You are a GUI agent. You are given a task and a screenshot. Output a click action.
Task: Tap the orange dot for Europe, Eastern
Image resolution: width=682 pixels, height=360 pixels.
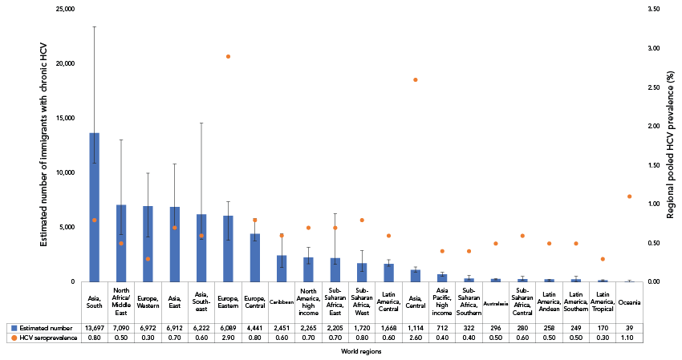tap(228, 56)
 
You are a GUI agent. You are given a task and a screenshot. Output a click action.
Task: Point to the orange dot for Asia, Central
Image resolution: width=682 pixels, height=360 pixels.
tap(415, 79)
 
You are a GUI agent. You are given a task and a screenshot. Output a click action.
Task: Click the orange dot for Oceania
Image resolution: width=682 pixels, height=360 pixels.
tap(629, 196)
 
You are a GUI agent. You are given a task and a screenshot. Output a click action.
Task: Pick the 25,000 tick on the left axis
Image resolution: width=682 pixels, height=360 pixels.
tap(63, 9)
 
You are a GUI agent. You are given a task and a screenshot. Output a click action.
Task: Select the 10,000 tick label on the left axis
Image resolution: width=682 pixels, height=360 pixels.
tap(63, 172)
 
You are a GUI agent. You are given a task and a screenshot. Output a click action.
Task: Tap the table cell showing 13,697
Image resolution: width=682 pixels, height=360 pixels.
tap(95, 328)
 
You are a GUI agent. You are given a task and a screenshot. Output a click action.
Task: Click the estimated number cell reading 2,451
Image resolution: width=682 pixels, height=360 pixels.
tap(282, 328)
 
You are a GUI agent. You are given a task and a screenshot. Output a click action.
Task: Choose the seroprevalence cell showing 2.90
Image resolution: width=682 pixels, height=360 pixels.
tap(228, 339)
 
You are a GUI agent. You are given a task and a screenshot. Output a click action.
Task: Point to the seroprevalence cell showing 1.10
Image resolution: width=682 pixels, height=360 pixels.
tap(629, 339)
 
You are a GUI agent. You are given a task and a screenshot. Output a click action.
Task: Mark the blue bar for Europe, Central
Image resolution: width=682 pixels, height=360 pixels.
tap(255, 257)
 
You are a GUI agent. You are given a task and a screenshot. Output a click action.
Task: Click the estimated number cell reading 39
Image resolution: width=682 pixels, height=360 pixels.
tap(629, 328)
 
